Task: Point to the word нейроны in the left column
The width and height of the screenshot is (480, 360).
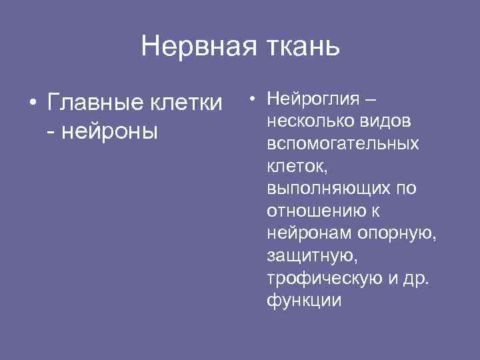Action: pos(110,131)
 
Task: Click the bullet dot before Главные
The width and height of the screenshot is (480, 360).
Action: pos(31,105)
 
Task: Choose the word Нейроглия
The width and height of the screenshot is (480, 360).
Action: pos(311,99)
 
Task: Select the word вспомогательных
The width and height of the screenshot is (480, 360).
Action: pos(343,144)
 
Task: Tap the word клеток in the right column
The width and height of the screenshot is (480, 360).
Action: pos(296,166)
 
